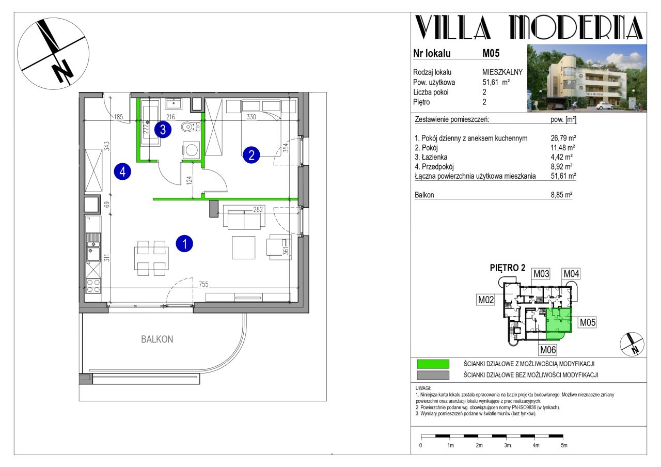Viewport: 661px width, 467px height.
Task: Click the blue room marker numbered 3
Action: pyautogui.click(x=163, y=130)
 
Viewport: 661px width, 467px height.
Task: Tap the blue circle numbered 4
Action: pyautogui.click(x=122, y=172)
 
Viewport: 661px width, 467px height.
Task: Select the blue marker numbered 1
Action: pyautogui.click(x=184, y=243)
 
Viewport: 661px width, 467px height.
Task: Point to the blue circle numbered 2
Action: pyautogui.click(x=251, y=155)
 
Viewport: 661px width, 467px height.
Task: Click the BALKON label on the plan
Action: pyautogui.click(x=157, y=339)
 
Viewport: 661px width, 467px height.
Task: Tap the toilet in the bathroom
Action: pyautogui.click(x=188, y=127)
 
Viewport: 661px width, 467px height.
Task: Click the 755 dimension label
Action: pyautogui.click(x=203, y=284)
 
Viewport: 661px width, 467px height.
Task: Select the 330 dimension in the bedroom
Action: pyautogui.click(x=251, y=117)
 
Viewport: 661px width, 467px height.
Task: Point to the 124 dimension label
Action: pyautogui.click(x=189, y=180)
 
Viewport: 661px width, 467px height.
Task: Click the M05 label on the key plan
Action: pyautogui.click(x=588, y=322)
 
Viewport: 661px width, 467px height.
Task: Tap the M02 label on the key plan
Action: pyautogui.click(x=486, y=300)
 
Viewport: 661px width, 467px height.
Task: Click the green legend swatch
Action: pyautogui.click(x=433, y=364)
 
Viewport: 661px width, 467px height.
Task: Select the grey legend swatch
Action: pyautogui.click(x=433, y=375)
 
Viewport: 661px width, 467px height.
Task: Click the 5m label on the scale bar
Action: pyautogui.click(x=564, y=445)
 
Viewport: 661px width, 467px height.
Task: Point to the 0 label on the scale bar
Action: pyautogui.click(x=421, y=445)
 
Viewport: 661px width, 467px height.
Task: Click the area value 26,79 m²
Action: pyautogui.click(x=563, y=138)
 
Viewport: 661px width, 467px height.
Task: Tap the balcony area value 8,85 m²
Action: pyautogui.click(x=561, y=195)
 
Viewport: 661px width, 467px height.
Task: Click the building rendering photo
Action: pyautogui.click(x=587, y=78)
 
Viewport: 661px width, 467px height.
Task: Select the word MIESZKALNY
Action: pyautogui.click(x=502, y=72)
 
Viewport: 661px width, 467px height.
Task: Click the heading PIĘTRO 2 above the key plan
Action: pyautogui.click(x=508, y=268)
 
